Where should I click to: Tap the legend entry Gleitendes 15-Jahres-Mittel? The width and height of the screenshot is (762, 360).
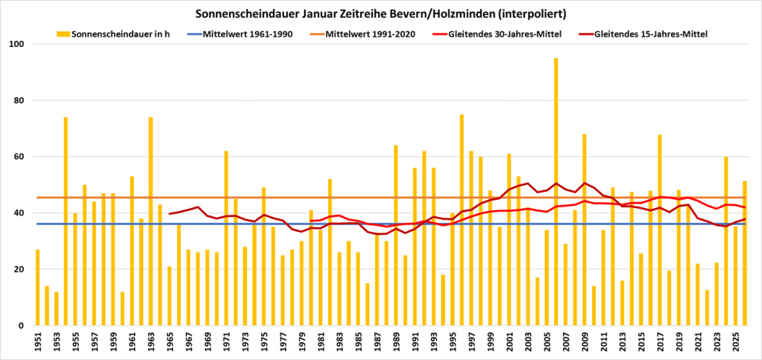651,34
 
